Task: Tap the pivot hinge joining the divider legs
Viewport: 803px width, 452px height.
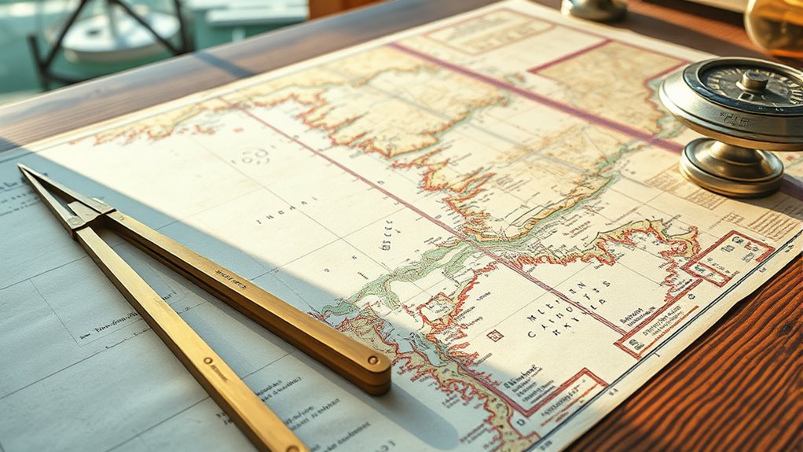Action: coord(86,212)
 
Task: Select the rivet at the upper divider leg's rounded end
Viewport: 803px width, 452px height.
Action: coord(375,369)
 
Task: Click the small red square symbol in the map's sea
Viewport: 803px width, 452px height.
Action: coord(495,336)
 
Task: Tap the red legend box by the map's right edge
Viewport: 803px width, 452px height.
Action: coord(727,256)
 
